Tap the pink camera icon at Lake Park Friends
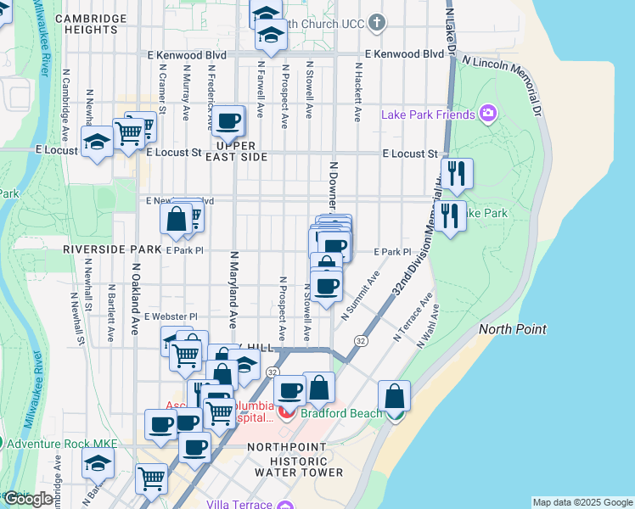487,113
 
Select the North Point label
513,329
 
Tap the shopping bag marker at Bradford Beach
395,396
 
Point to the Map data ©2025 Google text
582,503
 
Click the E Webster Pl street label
171,316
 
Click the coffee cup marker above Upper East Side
228,121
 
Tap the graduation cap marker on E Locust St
98,143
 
